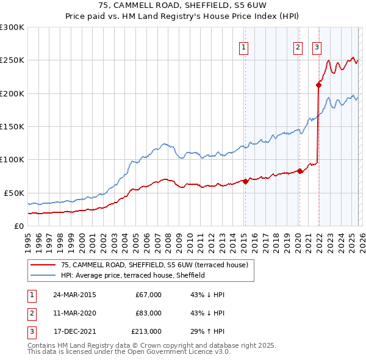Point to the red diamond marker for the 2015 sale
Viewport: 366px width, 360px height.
click(245, 181)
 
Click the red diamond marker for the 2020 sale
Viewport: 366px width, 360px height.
click(300, 171)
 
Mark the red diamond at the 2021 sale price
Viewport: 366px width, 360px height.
click(318, 85)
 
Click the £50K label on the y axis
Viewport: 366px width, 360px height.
click(15, 193)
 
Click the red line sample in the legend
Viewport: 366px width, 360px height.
click(43, 265)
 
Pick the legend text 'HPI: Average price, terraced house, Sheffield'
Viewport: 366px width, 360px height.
click(133, 276)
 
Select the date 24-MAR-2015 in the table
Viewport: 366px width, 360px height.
click(74, 295)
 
